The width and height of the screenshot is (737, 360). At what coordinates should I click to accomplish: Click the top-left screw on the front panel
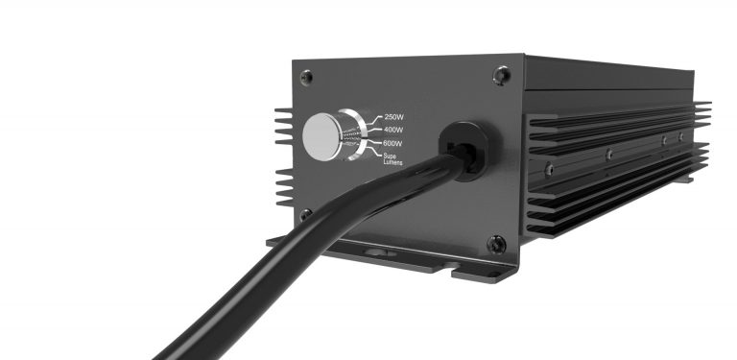click(305, 76)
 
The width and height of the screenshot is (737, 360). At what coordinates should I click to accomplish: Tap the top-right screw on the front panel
click(503, 72)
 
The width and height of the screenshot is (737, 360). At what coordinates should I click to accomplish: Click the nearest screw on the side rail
click(549, 168)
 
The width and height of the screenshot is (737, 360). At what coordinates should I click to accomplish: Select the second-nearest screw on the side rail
click(608, 153)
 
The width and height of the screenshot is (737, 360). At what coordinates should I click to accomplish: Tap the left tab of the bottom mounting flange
click(278, 240)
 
